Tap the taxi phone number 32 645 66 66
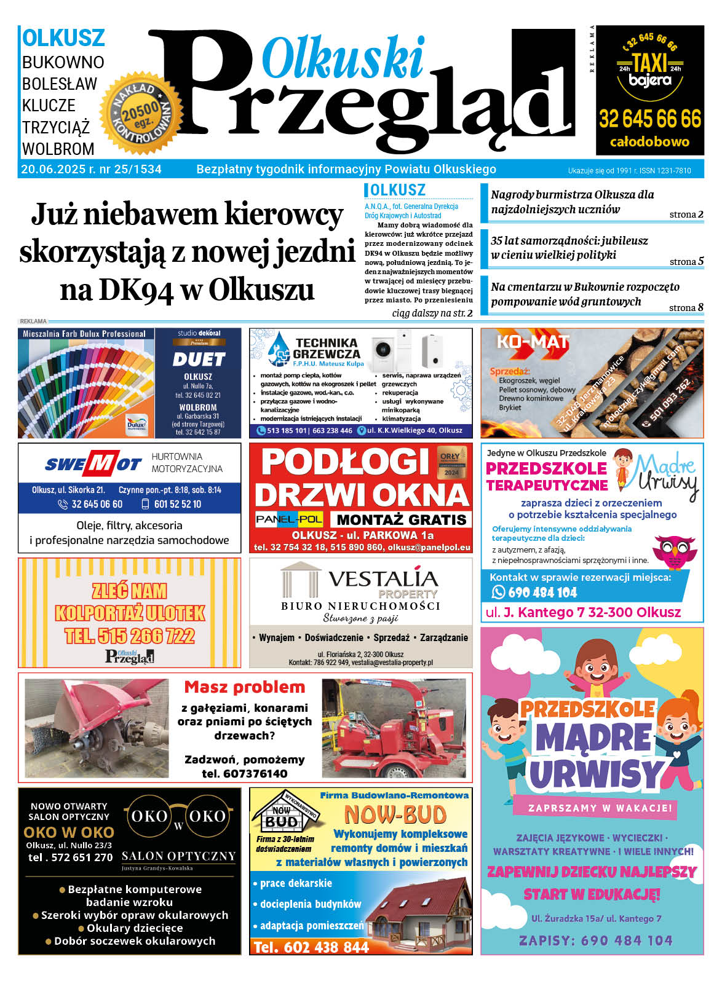649,119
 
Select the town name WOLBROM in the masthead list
58,149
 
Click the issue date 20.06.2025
54,170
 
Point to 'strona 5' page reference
686,262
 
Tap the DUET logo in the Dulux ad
199,360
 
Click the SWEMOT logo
93,464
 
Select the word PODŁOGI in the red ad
345,463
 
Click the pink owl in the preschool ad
675,551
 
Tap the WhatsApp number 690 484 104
542,593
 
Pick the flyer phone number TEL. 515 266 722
130,636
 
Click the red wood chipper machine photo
394,728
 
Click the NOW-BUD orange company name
395,815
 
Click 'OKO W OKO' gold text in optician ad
68,832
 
